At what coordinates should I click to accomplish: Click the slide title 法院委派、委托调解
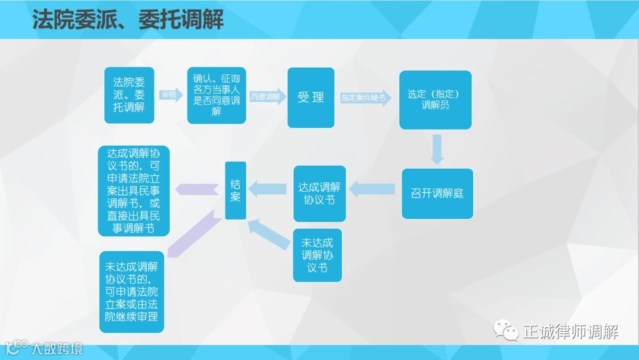pos(128,20)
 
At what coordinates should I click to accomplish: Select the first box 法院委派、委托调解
pos(129,95)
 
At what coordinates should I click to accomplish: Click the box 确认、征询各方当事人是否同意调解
pos(216,95)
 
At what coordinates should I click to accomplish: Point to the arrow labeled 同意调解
pos(267,97)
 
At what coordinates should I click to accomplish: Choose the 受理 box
pos(311,97)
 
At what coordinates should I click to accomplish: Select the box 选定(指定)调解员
pos(435,99)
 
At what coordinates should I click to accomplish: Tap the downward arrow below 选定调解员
pos(437,149)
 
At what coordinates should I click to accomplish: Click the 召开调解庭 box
pos(437,193)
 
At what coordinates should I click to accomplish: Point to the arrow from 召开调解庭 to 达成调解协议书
pos(373,189)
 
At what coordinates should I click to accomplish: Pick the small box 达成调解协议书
pos(319,193)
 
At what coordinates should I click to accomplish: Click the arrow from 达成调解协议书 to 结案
pos(269,189)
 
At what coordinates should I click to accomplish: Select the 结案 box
pos(235,190)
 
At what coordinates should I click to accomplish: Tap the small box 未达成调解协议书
pos(317,255)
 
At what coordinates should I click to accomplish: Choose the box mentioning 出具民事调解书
pos(134,191)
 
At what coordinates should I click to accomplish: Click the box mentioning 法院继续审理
pos(131,291)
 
